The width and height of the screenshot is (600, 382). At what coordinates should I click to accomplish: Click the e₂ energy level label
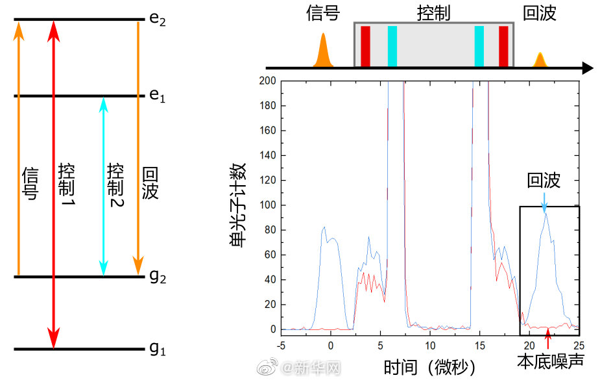tap(158, 19)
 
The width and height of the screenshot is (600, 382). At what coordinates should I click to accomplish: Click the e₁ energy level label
tap(158, 96)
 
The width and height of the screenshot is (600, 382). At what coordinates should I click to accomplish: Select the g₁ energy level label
tap(158, 350)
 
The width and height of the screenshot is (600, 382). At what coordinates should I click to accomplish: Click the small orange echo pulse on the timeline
tap(539, 60)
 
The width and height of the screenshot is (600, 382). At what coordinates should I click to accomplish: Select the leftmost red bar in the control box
tap(365, 46)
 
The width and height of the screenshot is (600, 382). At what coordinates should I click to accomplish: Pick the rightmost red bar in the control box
tap(503, 46)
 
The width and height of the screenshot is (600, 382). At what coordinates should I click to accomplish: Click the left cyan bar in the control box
tap(392, 46)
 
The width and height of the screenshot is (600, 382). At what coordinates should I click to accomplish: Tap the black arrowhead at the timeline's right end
tap(587, 68)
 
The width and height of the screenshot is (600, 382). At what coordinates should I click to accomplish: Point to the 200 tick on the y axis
tap(268, 81)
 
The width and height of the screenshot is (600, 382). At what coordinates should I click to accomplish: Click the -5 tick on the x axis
tap(281, 343)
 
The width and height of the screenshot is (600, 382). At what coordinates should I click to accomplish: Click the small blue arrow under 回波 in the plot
tap(544, 203)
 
